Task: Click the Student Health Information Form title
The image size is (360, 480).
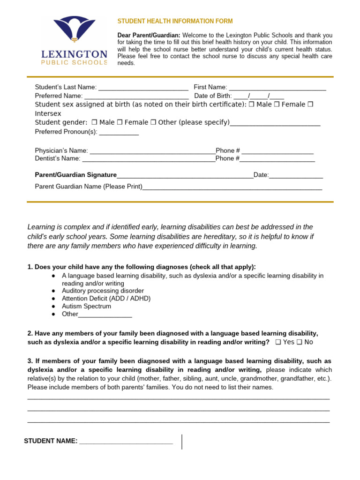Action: click(175, 22)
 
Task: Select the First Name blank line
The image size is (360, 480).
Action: click(277, 88)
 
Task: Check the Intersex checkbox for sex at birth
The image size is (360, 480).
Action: click(310, 105)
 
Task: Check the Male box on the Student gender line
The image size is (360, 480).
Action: click(94, 122)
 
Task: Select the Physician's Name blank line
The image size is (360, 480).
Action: click(152, 151)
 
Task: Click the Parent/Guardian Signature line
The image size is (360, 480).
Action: click(185, 176)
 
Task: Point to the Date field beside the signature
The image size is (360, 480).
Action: click(296, 176)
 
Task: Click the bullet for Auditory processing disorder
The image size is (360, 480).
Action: click(54, 291)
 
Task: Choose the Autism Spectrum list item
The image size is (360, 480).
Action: click(87, 306)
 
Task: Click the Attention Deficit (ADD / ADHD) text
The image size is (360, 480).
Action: click(106, 299)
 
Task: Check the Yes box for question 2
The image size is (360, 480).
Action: click(278, 342)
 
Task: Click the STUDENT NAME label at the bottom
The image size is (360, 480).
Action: click(51, 441)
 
